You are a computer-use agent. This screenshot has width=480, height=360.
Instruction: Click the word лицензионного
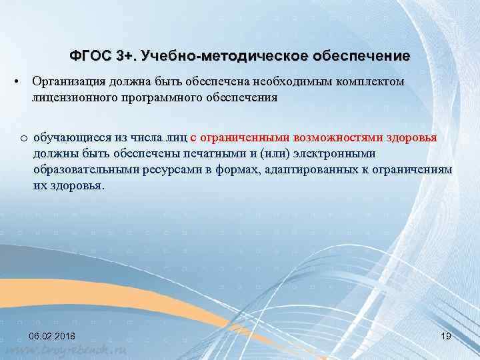[69, 97]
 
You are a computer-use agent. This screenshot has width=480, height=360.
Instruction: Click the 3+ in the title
[124, 56]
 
